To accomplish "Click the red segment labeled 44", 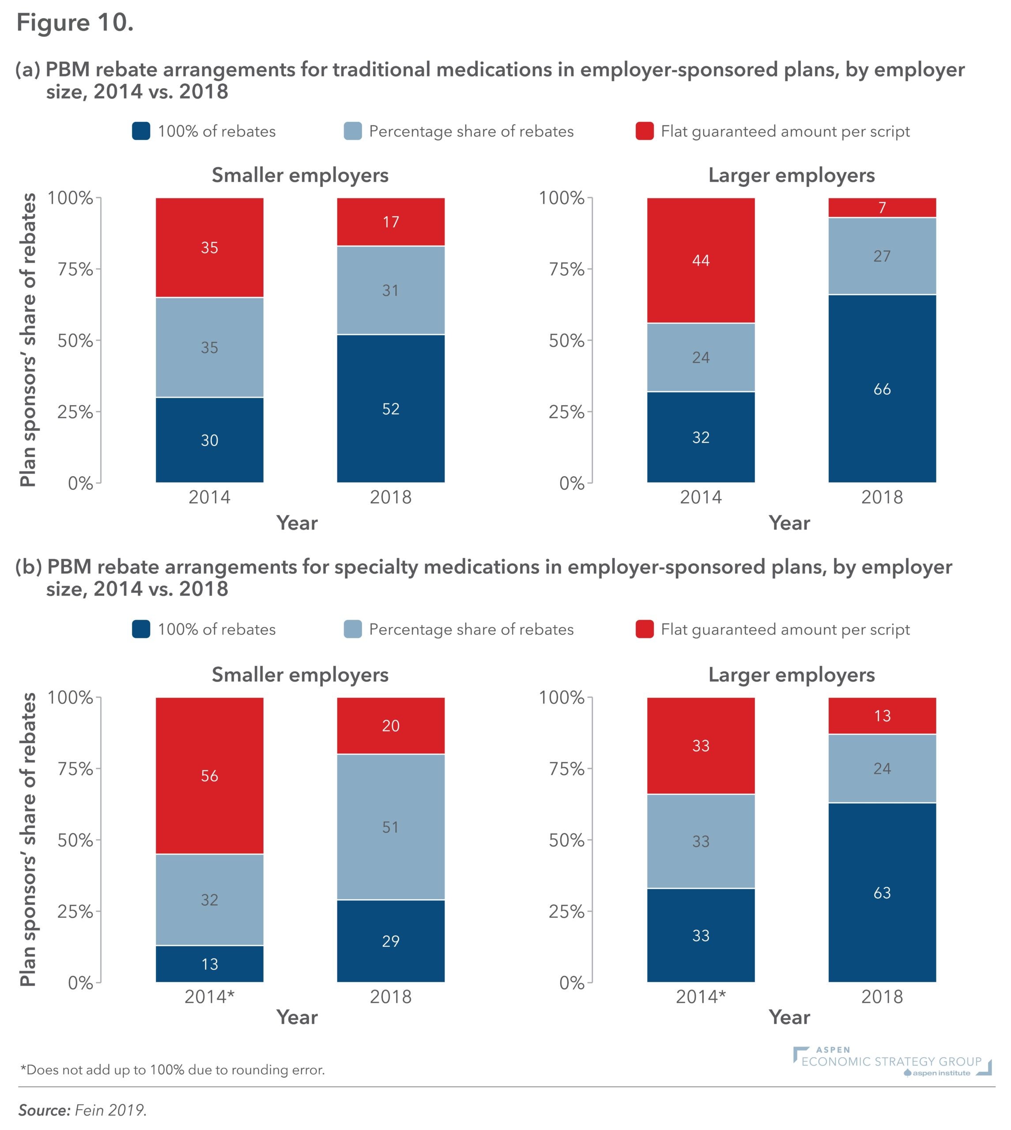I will [701, 260].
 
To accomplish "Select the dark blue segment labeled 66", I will [882, 389].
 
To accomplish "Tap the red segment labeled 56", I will [209, 776].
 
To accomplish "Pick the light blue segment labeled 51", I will [391, 827].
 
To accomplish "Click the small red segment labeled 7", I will [882, 207].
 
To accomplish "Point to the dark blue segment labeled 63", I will [882, 893].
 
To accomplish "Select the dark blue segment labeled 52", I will [391, 409].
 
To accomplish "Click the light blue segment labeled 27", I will [882, 256].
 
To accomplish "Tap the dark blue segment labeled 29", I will [391, 941].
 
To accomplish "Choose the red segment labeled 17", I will [391, 222].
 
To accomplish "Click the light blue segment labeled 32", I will [209, 900].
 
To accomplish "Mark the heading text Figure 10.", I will [75, 23].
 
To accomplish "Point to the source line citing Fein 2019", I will [82, 1110].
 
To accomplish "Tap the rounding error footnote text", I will [172, 1070].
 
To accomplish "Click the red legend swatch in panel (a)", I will [645, 132].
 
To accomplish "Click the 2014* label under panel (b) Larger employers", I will [701, 997].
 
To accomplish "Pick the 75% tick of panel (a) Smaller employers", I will [75, 269].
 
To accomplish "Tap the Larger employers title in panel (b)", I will [791, 674].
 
